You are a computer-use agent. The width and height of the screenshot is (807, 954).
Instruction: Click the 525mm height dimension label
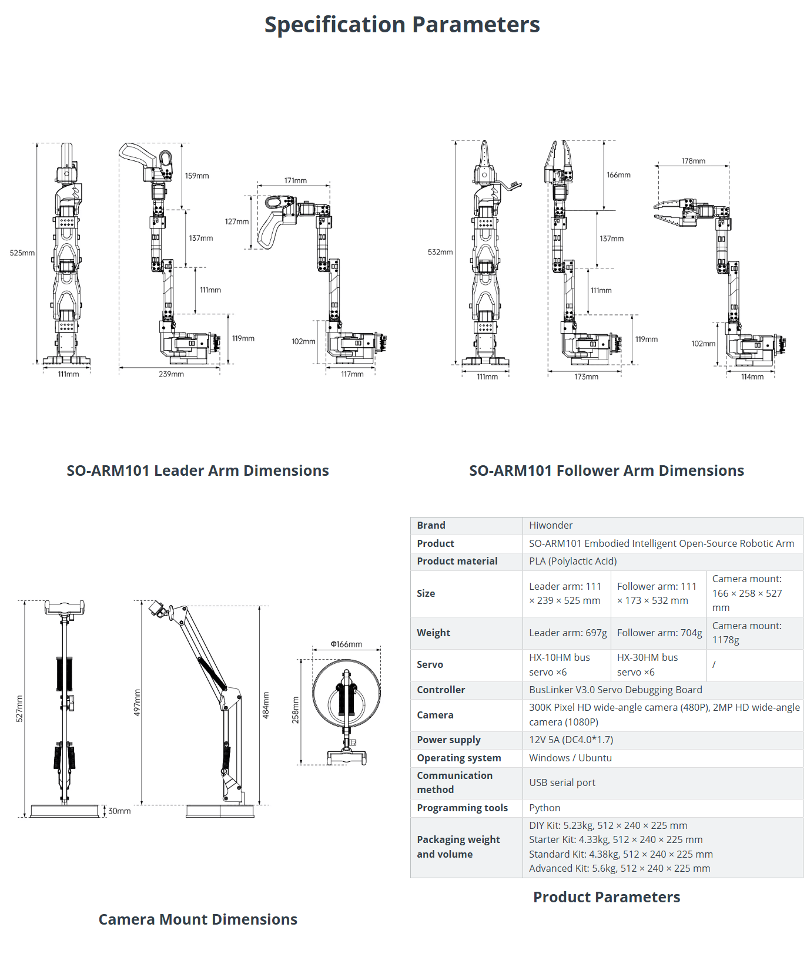[22, 253]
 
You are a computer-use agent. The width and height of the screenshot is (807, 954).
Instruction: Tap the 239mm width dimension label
[171, 374]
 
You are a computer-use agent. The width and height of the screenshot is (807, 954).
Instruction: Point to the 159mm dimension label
[197, 176]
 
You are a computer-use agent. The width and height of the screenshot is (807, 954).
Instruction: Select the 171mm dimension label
[295, 181]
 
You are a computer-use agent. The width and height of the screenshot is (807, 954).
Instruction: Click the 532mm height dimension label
[440, 253]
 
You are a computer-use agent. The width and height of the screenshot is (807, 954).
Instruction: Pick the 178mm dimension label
[693, 161]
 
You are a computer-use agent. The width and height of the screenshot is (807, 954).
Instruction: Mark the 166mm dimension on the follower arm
[618, 175]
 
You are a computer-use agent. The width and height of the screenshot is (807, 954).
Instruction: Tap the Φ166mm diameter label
[346, 644]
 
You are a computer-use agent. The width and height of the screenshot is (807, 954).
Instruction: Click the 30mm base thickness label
[119, 811]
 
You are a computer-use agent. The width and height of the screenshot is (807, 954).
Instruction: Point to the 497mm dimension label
[137, 703]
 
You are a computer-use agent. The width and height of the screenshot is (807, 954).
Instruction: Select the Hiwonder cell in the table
[551, 525]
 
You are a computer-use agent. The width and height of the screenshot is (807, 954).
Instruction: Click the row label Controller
[441, 690]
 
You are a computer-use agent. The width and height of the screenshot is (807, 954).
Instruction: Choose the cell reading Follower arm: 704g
[659, 633]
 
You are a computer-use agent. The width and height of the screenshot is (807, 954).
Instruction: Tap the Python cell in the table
[544, 808]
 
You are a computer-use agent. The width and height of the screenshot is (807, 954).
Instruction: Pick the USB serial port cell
[562, 782]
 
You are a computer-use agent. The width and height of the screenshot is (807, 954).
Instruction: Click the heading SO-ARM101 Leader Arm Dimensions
[197, 471]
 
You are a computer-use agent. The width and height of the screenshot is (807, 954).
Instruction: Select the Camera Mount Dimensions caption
[197, 919]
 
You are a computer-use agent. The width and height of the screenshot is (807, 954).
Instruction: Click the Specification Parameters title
[402, 25]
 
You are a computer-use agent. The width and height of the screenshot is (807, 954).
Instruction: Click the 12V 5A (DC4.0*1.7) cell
[571, 740]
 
